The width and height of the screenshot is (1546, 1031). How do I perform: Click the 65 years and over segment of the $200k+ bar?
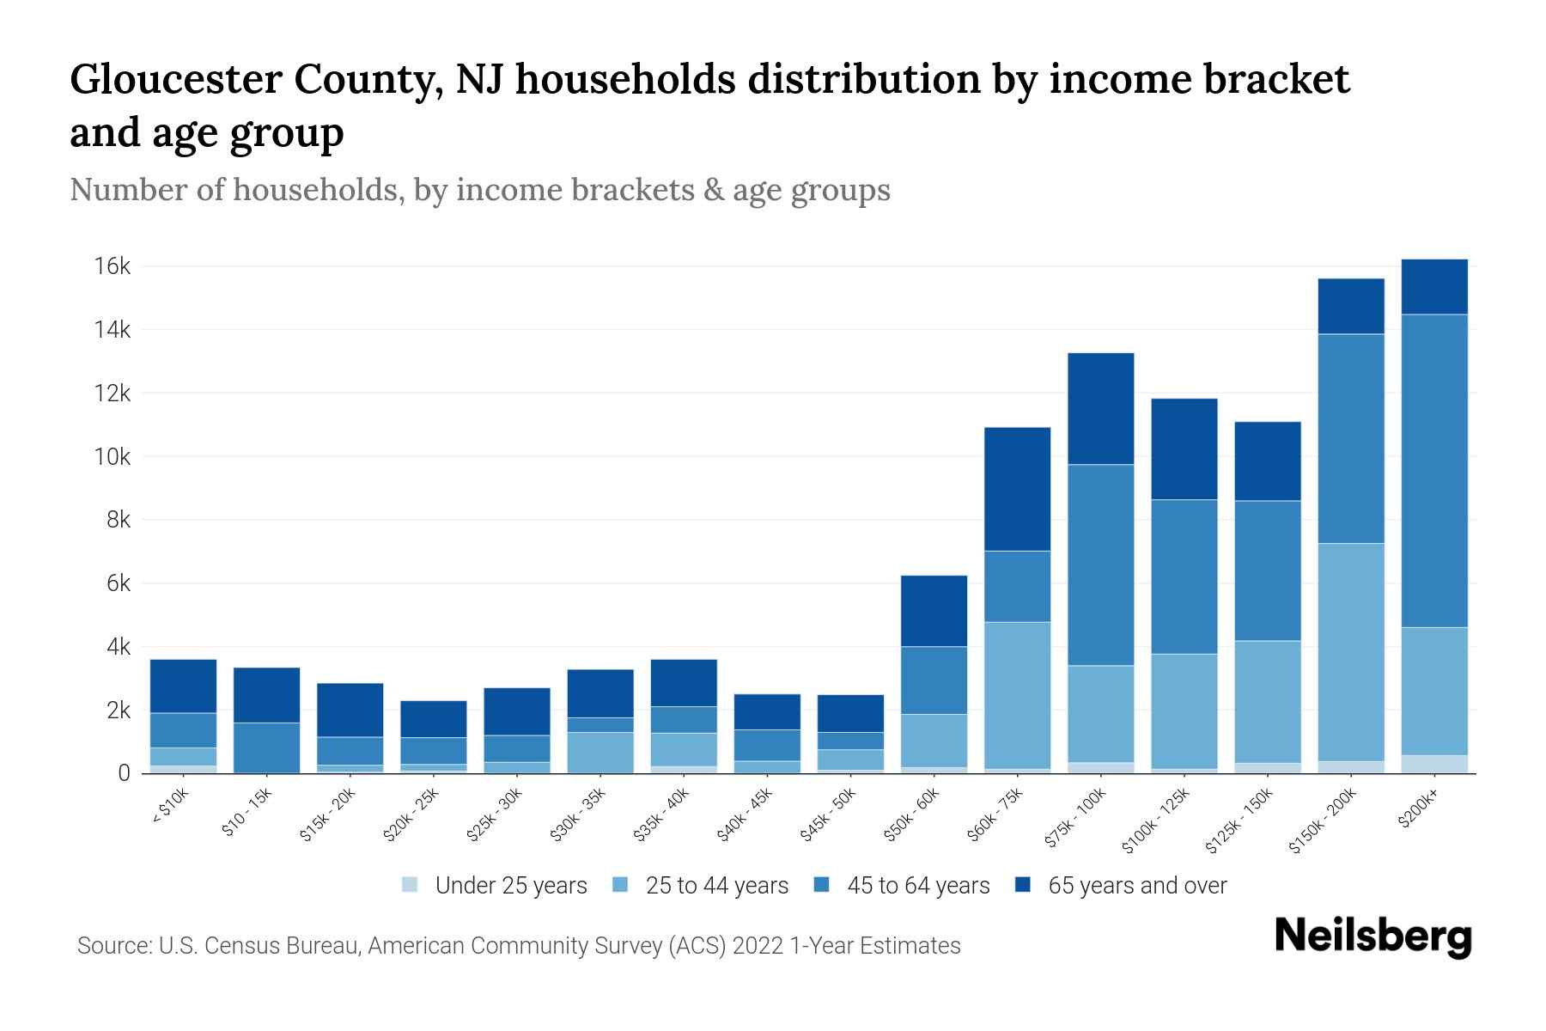pyautogui.click(x=1434, y=287)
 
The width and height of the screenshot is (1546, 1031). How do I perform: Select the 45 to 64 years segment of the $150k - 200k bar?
pyautogui.click(x=1351, y=438)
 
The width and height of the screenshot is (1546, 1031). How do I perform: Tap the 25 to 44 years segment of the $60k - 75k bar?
pyautogui.click(x=1017, y=694)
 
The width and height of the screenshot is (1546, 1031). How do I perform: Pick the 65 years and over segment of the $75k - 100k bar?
pyautogui.click(x=1100, y=409)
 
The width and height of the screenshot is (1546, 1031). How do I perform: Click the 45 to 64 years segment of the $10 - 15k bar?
pyautogui.click(x=266, y=747)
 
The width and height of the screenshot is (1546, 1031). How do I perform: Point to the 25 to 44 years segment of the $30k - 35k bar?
pyautogui.click(x=600, y=753)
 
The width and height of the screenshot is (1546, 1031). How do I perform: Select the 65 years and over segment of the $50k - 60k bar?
pyautogui.click(x=934, y=611)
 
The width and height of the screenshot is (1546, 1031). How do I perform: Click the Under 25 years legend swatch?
pyautogui.click(x=411, y=885)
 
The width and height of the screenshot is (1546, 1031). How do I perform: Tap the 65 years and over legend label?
pyautogui.click(x=1137, y=885)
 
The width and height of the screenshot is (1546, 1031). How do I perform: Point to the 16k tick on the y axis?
pyautogui.click(x=112, y=266)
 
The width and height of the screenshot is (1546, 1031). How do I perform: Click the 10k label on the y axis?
pyautogui.click(x=112, y=457)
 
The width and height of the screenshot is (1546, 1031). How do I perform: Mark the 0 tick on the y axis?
pyautogui.click(x=124, y=774)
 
